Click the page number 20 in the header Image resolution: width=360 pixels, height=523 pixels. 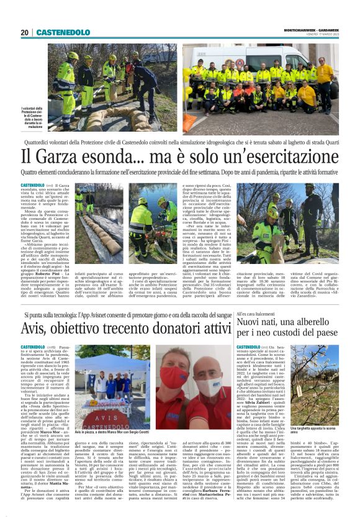(x=25, y=32)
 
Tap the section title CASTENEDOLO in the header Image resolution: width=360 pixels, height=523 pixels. (x=63, y=32)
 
